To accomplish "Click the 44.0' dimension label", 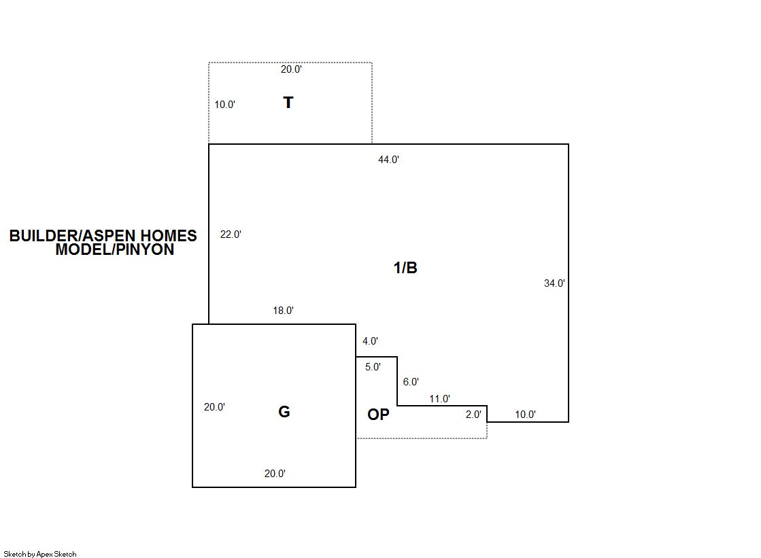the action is (388, 160).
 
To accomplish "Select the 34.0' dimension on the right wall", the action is (554, 283).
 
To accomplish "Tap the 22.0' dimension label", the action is (231, 234).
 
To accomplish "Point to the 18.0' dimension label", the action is (283, 311).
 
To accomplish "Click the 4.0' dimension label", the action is (370, 341).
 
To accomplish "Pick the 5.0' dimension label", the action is (373, 367).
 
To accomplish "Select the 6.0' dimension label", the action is (411, 382).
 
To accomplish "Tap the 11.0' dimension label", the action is (440, 399).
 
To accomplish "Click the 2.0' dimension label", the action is (473, 415).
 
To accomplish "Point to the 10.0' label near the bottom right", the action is (525, 415).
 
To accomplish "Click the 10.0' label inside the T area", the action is (224, 104).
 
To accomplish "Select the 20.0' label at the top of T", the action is (290, 69).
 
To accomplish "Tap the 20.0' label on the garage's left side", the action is (214, 407).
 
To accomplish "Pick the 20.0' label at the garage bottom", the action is (275, 474).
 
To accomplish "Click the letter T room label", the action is (288, 103).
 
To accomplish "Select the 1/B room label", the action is (405, 267).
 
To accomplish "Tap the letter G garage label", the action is (284, 412).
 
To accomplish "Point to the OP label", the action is (378, 415).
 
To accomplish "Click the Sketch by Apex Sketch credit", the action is (40, 554).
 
